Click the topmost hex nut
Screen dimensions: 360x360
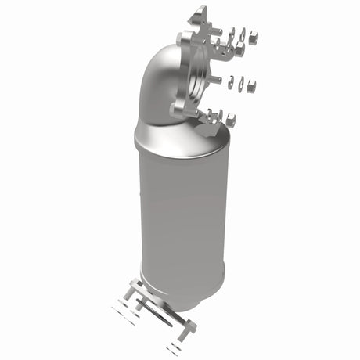pos(253,36)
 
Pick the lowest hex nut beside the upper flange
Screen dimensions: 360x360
pos(231,120)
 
